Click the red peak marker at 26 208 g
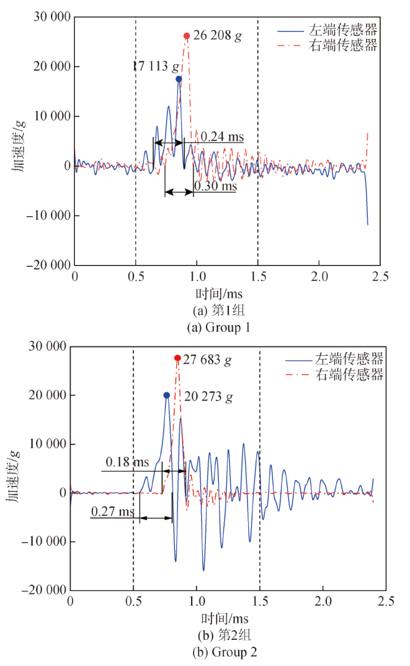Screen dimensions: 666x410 [186, 36]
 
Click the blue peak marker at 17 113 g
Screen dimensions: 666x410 [179, 78]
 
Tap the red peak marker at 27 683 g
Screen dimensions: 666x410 [177, 358]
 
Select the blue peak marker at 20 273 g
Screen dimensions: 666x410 [167, 395]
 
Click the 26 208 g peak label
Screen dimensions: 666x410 [217, 36]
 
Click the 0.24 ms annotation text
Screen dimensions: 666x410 [222, 137]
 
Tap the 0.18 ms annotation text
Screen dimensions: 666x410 [128, 462]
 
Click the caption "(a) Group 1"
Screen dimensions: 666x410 [220, 327]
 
